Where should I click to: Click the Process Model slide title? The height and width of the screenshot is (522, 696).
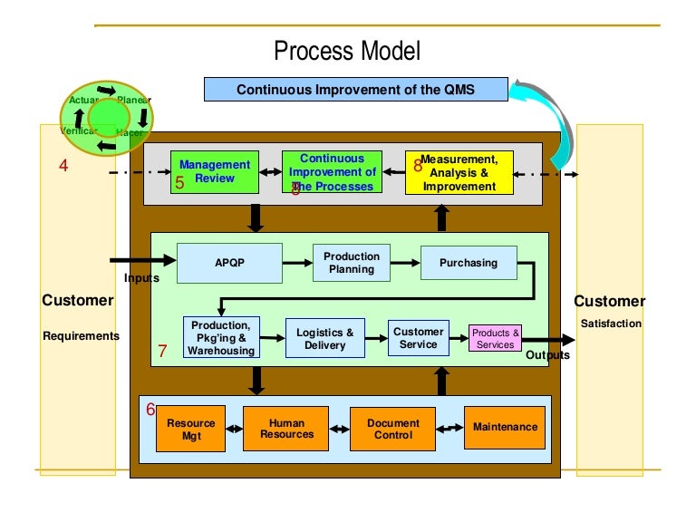347,51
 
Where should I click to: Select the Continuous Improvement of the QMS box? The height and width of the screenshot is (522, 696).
355,90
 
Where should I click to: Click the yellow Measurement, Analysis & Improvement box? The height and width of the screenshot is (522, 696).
459,172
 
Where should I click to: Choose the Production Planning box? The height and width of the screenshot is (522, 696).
351,263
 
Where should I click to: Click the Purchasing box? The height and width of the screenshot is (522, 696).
469,263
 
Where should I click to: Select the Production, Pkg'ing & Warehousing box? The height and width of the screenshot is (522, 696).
221,337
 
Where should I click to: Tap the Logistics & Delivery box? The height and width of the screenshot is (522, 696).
324,339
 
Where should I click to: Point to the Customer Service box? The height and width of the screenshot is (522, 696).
418,338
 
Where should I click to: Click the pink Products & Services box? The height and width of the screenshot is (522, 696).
495,339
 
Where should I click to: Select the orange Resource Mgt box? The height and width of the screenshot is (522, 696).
190,429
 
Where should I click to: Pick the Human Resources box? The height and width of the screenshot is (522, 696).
286,429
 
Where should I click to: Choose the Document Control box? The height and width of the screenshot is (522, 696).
392,429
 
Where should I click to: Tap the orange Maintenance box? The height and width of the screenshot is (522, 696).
505,428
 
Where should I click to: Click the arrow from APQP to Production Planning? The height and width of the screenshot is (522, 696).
296,264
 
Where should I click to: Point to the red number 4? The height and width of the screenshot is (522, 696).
63,166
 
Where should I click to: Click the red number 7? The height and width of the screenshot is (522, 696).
162,352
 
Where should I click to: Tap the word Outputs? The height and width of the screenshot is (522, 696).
547,355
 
